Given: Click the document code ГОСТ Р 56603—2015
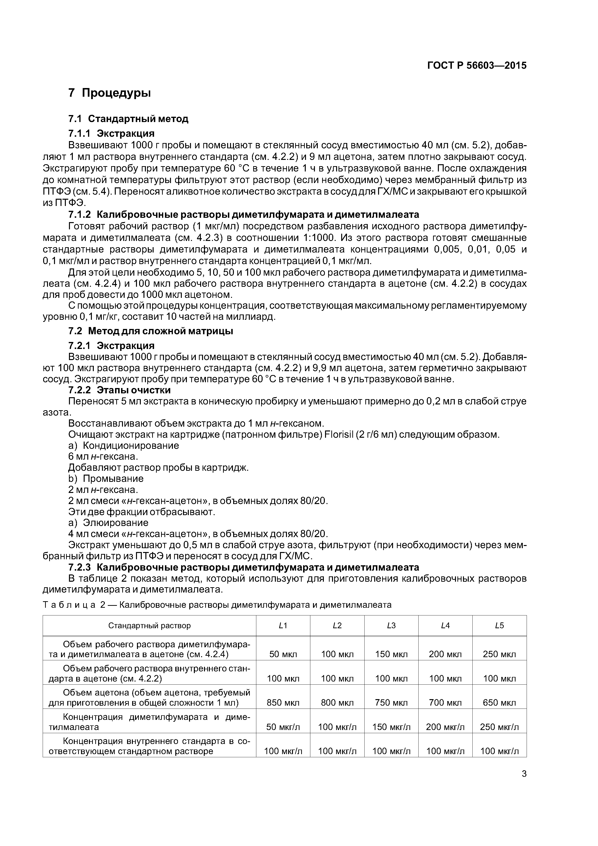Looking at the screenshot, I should click(476, 66).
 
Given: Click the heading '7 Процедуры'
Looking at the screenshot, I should click(109, 93).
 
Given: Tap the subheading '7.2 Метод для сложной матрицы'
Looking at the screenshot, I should click(151, 331).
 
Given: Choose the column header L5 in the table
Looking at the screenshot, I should click(499, 625).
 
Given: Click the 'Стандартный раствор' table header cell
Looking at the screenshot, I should click(149, 625).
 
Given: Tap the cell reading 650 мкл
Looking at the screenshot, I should click(499, 703).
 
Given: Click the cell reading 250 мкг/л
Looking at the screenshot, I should click(499, 727).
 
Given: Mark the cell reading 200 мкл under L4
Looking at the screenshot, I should click(445, 655).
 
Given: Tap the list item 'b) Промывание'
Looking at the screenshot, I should click(106, 479).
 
